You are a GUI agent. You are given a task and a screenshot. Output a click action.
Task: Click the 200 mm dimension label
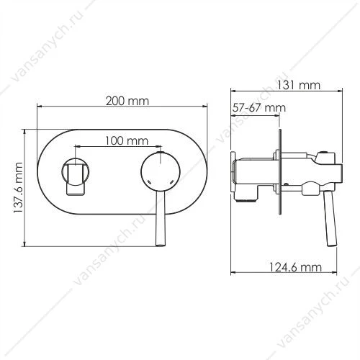127,101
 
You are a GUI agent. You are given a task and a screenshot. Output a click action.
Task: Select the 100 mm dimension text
127,140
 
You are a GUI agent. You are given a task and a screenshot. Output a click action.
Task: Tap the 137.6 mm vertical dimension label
18,188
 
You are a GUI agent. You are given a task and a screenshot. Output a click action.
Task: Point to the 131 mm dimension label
299,85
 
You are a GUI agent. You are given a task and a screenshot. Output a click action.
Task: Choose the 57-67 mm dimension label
259,108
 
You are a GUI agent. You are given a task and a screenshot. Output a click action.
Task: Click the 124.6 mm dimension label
294,267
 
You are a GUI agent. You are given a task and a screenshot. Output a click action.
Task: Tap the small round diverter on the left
76,172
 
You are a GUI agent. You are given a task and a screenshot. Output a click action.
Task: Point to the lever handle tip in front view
161,244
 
